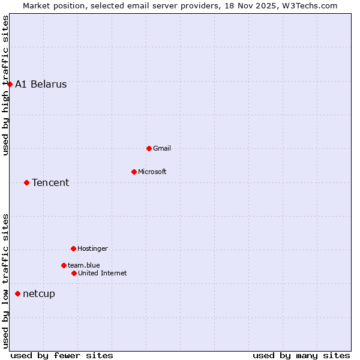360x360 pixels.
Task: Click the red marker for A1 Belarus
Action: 10,84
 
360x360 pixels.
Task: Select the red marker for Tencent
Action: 26,182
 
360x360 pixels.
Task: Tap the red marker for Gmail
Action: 149,148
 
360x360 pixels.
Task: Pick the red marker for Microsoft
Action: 134,172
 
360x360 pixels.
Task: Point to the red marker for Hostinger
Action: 73,248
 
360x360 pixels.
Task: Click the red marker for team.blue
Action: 64,265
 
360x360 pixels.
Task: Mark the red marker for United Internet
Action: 74,273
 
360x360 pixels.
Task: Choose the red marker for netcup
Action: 17,293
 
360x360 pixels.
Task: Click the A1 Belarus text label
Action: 41,84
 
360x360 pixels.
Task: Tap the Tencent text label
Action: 50,182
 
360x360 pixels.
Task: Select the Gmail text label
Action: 162,148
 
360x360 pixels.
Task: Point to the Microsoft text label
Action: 152,172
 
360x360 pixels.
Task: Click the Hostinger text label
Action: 92,248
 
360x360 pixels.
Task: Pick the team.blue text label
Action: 84,265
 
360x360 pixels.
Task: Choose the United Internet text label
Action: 103,273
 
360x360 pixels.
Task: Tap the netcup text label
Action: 39,293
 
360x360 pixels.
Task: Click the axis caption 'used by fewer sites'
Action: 62,355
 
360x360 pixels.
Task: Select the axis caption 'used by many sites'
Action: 301,355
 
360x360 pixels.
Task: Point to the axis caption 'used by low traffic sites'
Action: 6,281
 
